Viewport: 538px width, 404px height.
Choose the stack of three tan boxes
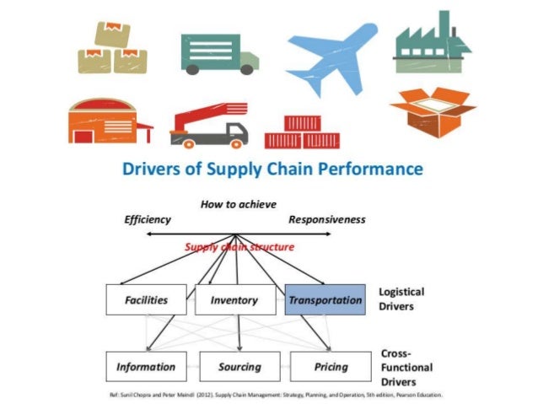point(111,48)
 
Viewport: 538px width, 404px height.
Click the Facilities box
point(141,299)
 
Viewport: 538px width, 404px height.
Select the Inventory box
point(234,299)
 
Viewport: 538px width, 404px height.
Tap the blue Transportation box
point(325,299)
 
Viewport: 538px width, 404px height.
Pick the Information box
point(146,367)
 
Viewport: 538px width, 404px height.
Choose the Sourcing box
point(239,367)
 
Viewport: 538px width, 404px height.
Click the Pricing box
point(329,367)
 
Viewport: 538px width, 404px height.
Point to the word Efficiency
point(148,219)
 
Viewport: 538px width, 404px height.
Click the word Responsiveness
point(327,219)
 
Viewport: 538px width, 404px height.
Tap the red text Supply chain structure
point(239,247)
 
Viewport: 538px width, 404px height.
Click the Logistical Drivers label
point(401,299)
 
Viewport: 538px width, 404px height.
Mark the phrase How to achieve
point(239,204)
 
